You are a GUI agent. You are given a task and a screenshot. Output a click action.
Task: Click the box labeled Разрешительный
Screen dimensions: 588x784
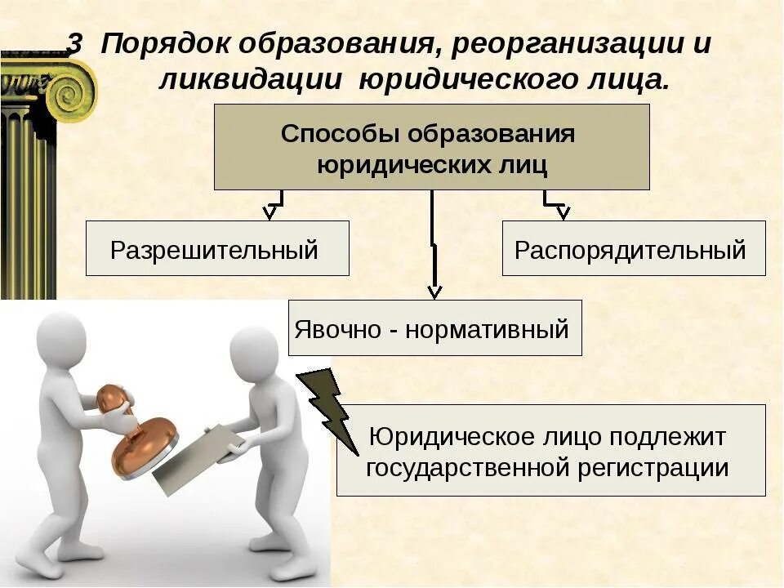(217, 248)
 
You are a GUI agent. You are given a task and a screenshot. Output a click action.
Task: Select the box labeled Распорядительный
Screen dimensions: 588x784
(633, 248)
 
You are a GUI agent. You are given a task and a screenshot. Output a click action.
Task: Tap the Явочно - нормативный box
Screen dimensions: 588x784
(434, 328)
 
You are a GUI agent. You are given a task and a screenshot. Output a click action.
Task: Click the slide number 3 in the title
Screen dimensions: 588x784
(75, 44)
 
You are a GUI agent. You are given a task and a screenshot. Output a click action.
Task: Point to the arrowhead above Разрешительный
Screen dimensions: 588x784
(269, 213)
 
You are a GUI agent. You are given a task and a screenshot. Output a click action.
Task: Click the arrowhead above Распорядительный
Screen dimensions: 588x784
(563, 213)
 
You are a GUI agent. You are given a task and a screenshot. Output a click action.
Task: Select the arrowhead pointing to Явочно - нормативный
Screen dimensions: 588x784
(434, 291)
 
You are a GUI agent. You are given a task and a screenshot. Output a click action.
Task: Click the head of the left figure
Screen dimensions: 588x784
(61, 342)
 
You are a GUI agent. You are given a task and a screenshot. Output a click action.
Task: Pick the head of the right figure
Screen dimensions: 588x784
(254, 352)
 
